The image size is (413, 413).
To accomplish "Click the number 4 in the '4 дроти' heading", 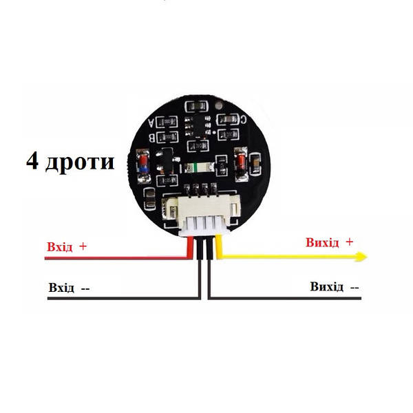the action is tap(32, 161).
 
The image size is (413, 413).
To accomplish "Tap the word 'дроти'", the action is tap(80, 163).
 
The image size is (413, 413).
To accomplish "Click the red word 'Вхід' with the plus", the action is tap(59, 247).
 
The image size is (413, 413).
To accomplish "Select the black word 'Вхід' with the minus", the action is tap(61, 288).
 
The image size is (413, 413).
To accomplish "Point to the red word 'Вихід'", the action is tap(322, 242).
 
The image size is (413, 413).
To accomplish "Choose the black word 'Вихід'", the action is tap(326, 286).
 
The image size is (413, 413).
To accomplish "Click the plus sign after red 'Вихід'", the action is tap(349, 242).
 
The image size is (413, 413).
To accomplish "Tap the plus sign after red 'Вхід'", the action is tap(83, 246).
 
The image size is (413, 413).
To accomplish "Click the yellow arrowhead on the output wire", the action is tap(361, 257).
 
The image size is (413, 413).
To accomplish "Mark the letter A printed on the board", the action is tap(151, 123).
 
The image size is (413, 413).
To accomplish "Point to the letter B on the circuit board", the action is tap(151, 138).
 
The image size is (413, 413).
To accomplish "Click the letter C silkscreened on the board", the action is tap(244, 120).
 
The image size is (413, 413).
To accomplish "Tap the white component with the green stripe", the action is tap(200, 167).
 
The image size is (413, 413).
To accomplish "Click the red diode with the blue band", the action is tap(143, 165).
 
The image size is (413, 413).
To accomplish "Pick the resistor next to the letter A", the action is tap(167, 122).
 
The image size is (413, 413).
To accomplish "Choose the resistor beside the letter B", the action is tap(167, 137).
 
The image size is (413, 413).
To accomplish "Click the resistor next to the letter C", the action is tap(228, 120).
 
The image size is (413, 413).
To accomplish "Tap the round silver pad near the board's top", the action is tap(219, 105).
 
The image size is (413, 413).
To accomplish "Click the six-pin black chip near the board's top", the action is tap(198, 126).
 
